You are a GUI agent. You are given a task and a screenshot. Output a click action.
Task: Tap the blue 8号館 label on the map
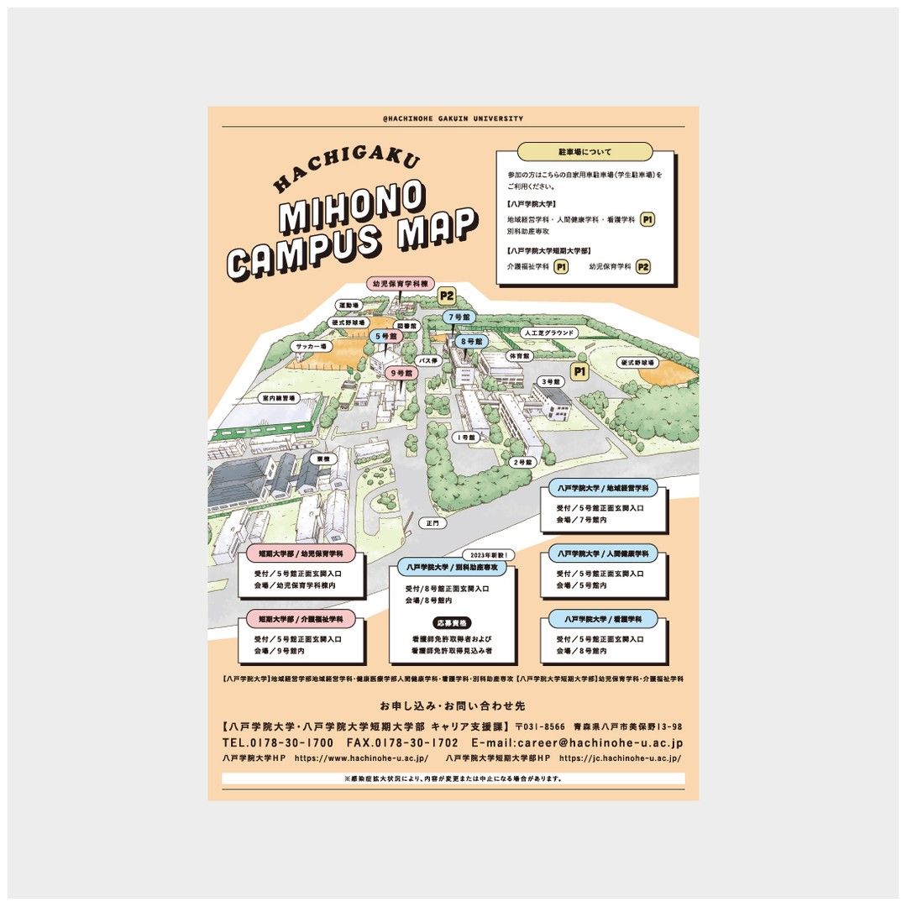pyautogui.click(x=471, y=342)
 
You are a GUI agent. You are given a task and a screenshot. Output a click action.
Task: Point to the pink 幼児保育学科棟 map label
pyautogui.click(x=401, y=284)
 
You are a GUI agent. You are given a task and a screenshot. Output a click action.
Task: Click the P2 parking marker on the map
pyautogui.click(x=446, y=296)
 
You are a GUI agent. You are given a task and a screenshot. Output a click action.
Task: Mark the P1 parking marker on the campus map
pyautogui.click(x=579, y=370)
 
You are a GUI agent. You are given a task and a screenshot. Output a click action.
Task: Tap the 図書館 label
pyautogui.click(x=406, y=325)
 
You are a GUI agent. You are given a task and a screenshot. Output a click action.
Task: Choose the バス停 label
pyautogui.click(x=428, y=360)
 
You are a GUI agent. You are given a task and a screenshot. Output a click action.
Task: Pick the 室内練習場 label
pyautogui.click(x=278, y=398)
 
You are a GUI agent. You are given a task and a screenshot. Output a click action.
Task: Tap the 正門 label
pyautogui.click(x=433, y=522)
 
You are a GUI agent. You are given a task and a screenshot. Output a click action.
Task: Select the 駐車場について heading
pyautogui.click(x=585, y=152)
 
